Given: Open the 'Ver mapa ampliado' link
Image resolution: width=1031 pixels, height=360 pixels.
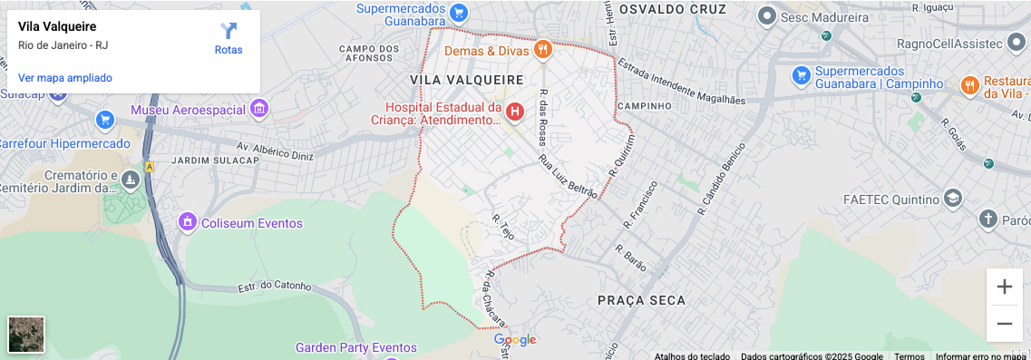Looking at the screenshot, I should tap(65, 78).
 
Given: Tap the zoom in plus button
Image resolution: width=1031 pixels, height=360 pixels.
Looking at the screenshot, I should tap(1005, 287).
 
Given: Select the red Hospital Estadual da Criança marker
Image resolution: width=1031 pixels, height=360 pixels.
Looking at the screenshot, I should tap(514, 112).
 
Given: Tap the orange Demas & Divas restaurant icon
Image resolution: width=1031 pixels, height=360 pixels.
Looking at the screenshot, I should tap(542, 50).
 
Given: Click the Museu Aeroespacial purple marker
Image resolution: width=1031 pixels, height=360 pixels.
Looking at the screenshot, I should tap(259, 110).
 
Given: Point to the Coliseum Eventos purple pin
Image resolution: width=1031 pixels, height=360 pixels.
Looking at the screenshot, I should tap(188, 222).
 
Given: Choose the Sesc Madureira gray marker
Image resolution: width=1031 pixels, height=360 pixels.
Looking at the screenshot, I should tap(766, 15).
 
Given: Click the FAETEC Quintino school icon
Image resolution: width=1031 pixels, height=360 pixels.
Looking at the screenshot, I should tap(952, 199).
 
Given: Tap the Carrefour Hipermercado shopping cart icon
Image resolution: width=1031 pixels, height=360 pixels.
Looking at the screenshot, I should tap(105, 120).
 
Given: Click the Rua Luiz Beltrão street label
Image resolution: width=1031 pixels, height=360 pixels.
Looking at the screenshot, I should tap(569, 176).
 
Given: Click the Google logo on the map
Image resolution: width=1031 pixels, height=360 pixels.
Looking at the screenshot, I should tap(515, 340).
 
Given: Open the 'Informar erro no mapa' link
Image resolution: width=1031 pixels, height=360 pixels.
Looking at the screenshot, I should tap(980, 356).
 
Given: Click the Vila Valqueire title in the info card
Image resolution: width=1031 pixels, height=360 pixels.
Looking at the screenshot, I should tap(57, 27).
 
